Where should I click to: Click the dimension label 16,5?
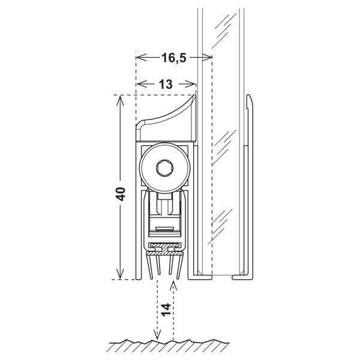click(174, 58)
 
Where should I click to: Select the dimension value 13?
click(166, 84)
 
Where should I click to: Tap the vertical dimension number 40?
click(121, 194)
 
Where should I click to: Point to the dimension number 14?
click(166, 310)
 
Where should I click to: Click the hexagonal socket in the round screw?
click(164, 168)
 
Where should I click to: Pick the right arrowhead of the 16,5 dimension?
click(208, 58)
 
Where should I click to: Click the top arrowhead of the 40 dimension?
click(120, 101)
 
